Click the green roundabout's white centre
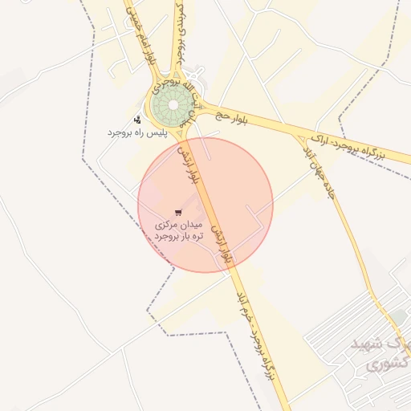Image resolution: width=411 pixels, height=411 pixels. coord(173,103)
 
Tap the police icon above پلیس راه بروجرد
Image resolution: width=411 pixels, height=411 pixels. coord(137,120)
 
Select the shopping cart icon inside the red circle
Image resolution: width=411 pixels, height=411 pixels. coord(177,212)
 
